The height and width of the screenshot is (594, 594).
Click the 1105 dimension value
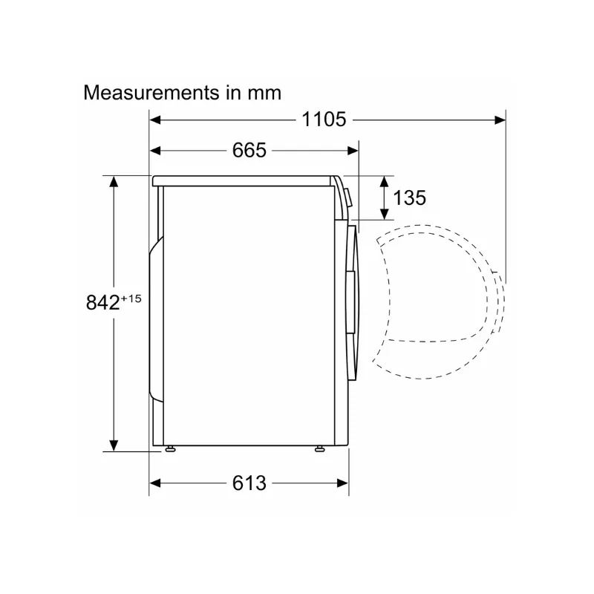pyautogui.click(x=324, y=120)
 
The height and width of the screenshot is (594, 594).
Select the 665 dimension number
pyautogui.click(x=249, y=150)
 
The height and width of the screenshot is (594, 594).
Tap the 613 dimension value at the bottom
pyautogui.click(x=249, y=483)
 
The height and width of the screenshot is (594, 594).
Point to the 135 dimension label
pyautogui.click(x=410, y=198)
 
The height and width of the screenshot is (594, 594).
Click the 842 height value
pyautogui.click(x=102, y=303)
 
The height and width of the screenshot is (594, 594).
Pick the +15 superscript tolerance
pyautogui.click(x=131, y=298)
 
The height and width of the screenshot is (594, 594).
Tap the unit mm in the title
pyautogui.click(x=264, y=94)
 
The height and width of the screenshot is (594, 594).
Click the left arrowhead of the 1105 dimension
pyautogui.click(x=155, y=120)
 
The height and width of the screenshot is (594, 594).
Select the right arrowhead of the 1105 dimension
pyautogui.click(x=500, y=120)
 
